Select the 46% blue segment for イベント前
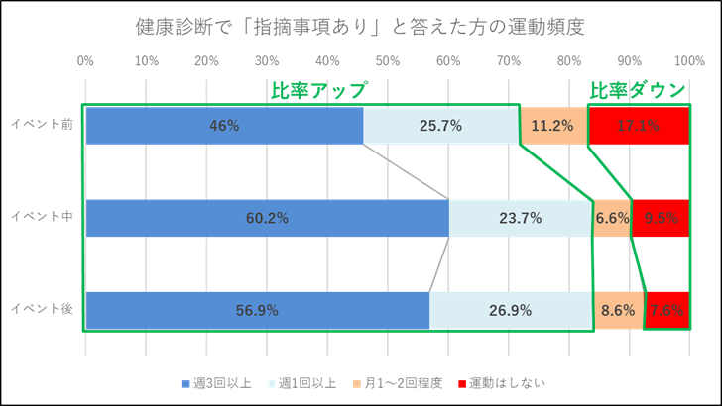pyautogui.click(x=224, y=126)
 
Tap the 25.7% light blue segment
pyautogui.click(x=441, y=126)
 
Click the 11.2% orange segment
pyautogui.click(x=552, y=126)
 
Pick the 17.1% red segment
pyautogui.click(x=638, y=126)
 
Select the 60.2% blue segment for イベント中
pyautogui.click(x=267, y=218)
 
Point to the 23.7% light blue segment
pyautogui.click(x=520, y=218)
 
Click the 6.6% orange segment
pyautogui.click(x=612, y=218)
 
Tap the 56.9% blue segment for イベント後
pyautogui.click(x=257, y=310)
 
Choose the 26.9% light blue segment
pyautogui.click(x=510, y=310)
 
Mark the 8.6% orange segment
pyautogui.click(x=618, y=310)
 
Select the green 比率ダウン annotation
pyautogui.click(x=638, y=90)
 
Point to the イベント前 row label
pyautogui.click(x=42, y=124)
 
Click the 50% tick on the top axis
pyautogui.click(x=388, y=62)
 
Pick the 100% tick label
pyautogui.click(x=689, y=62)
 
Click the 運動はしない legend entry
pyautogui.click(x=500, y=382)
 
